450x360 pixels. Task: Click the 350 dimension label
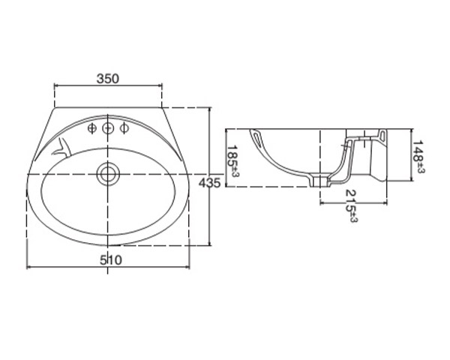pos(107,79)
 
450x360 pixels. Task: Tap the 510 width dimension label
pos(111,260)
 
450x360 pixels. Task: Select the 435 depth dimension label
pos(210,183)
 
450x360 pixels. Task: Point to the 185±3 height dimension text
pos(232,160)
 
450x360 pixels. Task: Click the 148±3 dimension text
pos(418,157)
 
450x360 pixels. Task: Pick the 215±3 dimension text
pos(352,205)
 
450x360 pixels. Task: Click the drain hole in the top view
pos(108,174)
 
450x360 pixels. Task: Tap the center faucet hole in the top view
pos(108,128)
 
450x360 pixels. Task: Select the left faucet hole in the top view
pos(91,128)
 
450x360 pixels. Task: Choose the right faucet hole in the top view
pos(124,128)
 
